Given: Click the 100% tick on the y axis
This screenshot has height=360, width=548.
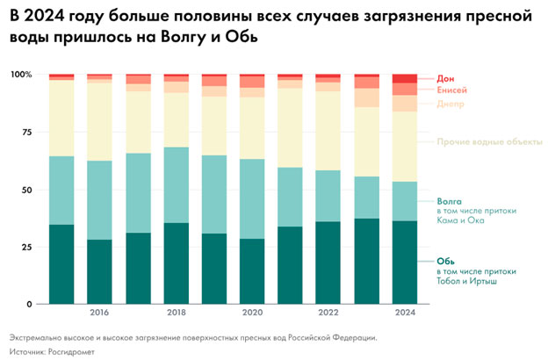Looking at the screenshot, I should click(x=18, y=76).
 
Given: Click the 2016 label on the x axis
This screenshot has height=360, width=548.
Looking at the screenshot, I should click(x=99, y=313).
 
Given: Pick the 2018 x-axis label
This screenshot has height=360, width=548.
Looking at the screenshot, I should click(x=176, y=313).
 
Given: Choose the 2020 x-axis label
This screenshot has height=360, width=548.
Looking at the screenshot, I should click(x=252, y=313).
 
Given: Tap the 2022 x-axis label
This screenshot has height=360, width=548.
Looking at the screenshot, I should click(x=328, y=313).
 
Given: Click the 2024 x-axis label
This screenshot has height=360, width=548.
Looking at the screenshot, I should click(x=405, y=313).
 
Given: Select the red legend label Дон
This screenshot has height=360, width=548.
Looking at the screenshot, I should click(x=445, y=79).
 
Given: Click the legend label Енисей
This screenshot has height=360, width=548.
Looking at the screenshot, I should click(x=451, y=90).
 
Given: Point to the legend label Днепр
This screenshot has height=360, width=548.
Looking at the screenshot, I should click(x=451, y=104).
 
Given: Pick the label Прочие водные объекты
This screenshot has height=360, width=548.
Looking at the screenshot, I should click(x=489, y=142).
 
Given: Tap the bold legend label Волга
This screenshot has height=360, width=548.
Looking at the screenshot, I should click(x=449, y=201).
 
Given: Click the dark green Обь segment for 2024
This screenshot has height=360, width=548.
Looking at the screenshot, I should click(x=405, y=263).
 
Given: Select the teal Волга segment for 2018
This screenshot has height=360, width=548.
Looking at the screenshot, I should click(x=176, y=185).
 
